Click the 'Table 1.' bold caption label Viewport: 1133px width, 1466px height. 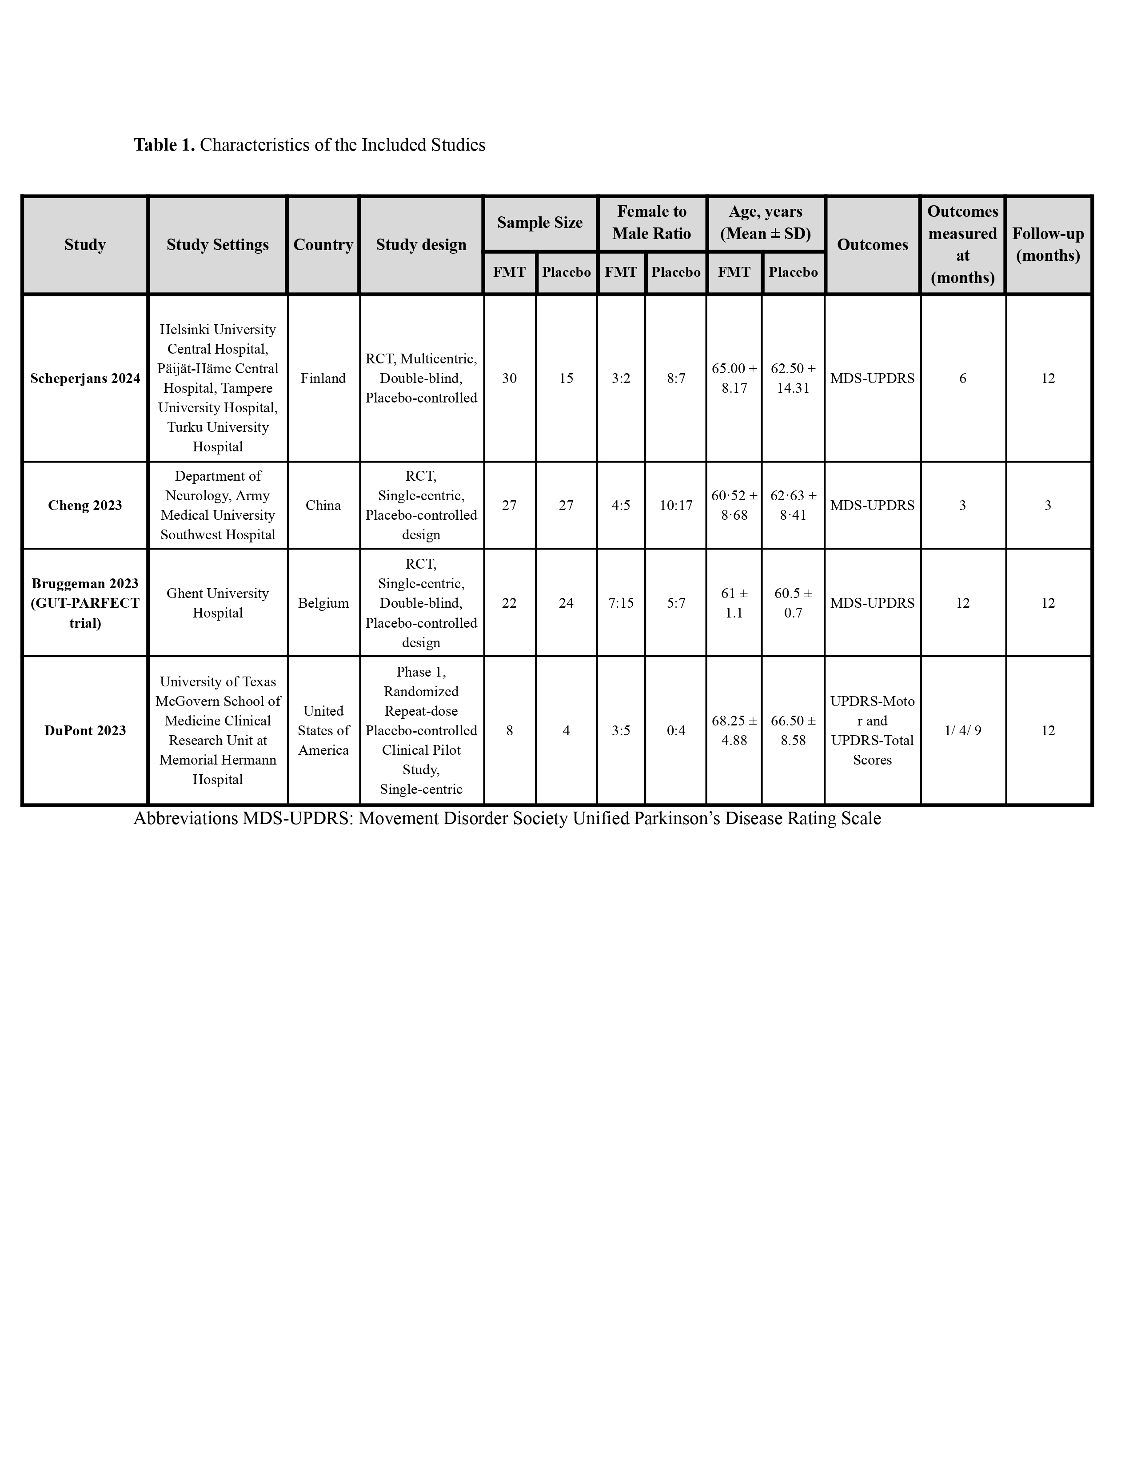click(x=164, y=145)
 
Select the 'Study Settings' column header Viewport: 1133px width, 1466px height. click(x=217, y=245)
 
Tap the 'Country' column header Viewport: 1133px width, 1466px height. click(x=323, y=245)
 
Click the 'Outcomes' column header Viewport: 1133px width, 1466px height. click(x=872, y=245)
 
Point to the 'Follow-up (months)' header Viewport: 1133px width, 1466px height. click(x=1048, y=245)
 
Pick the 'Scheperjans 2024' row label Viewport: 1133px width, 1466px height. click(x=85, y=378)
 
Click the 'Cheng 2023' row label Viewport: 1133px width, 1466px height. click(x=85, y=506)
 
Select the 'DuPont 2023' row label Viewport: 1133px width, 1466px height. click(x=85, y=731)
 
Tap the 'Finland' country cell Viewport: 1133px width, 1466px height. click(x=323, y=378)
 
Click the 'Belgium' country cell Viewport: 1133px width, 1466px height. click(x=323, y=603)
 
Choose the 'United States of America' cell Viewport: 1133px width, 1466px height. click(x=323, y=731)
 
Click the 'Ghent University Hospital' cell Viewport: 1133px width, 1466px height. click(x=217, y=603)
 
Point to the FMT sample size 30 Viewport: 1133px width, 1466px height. click(x=510, y=378)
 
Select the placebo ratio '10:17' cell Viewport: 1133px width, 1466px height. click(x=675, y=506)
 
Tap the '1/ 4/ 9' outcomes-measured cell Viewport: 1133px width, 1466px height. click(x=962, y=731)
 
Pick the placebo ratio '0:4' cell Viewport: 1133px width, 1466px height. click(x=675, y=731)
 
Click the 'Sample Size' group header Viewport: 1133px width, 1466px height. click(x=540, y=223)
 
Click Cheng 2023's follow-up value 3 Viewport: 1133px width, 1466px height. click(x=1048, y=506)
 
